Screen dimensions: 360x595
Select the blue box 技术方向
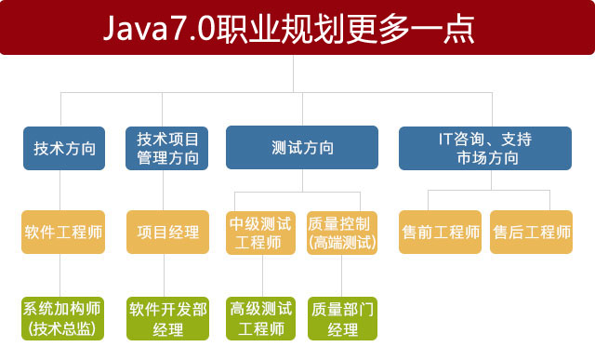(x=64, y=148)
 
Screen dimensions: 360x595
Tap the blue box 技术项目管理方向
(x=167, y=148)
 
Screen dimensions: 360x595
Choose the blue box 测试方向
(x=302, y=148)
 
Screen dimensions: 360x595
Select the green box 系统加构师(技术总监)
(x=64, y=317)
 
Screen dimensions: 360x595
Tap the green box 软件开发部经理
(x=167, y=317)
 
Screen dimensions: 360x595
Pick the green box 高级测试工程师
(x=260, y=317)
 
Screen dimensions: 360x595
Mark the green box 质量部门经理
(x=341, y=317)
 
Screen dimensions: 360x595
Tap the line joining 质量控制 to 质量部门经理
(x=341, y=275)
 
